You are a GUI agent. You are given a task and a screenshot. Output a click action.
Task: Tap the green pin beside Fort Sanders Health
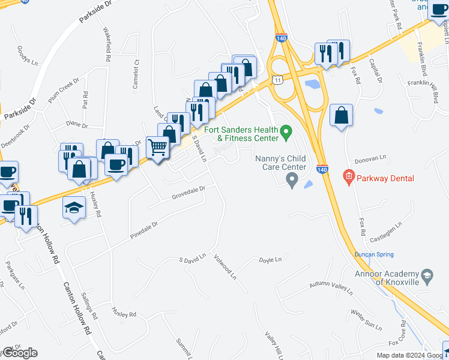[x=286, y=130]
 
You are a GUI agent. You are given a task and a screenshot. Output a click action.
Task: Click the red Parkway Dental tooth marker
[x=348, y=176]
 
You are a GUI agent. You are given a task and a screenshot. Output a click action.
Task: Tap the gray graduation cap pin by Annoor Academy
[x=427, y=276]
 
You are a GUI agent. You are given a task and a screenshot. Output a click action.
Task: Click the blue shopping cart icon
[x=158, y=146]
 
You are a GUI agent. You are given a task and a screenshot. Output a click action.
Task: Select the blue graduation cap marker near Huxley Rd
[x=74, y=208]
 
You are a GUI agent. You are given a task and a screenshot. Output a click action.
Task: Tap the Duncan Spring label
[x=373, y=254]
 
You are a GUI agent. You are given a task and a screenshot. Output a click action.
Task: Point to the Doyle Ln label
[x=270, y=260]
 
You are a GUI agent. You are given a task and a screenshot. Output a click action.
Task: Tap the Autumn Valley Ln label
[x=330, y=286]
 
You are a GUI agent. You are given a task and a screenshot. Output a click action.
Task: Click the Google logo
[x=20, y=353]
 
